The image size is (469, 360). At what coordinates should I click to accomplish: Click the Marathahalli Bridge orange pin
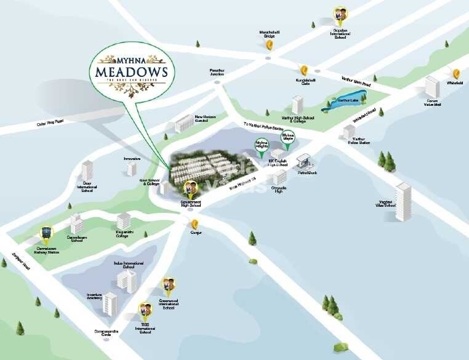[x=269, y=44]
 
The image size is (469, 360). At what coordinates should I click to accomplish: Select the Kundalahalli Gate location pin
[x=303, y=70]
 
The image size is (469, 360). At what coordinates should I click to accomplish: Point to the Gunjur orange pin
[x=195, y=223]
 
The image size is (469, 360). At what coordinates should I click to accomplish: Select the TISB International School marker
[x=145, y=309]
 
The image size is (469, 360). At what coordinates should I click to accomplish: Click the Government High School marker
[x=191, y=187]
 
